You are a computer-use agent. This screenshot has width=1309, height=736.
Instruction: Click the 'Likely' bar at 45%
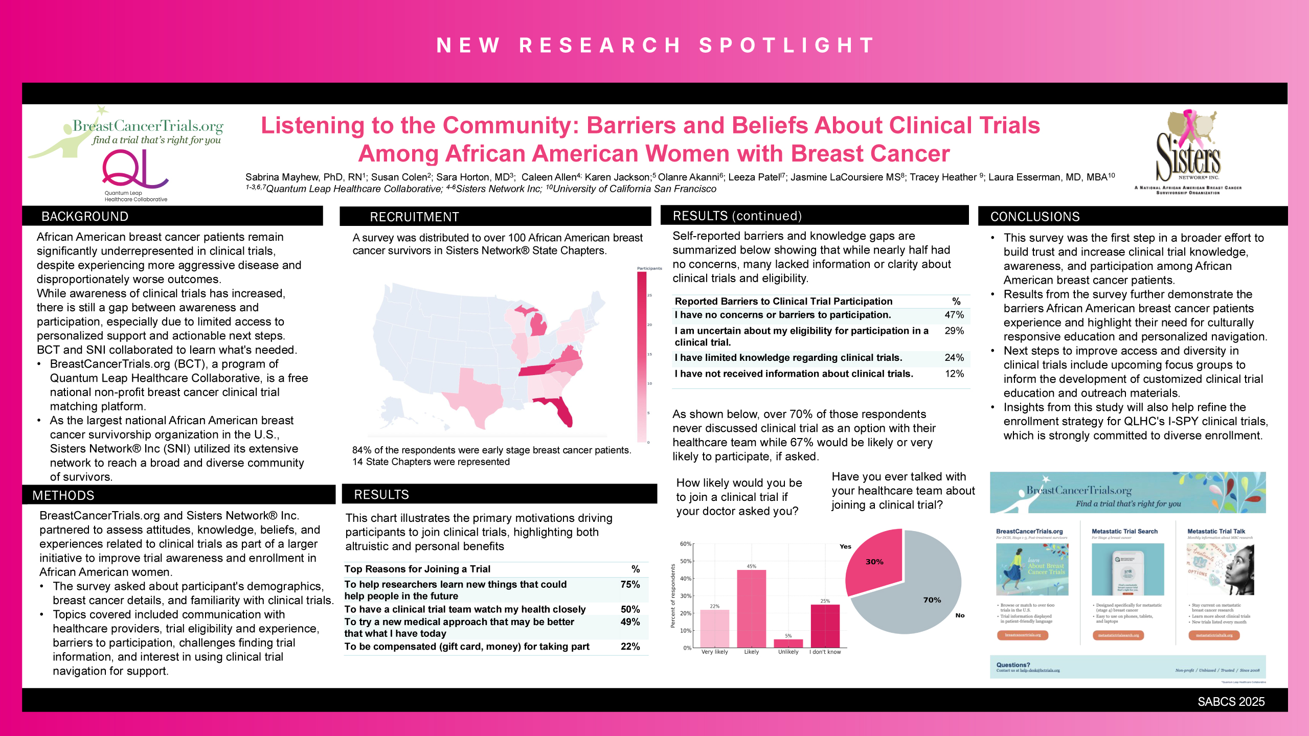pyautogui.click(x=751, y=608)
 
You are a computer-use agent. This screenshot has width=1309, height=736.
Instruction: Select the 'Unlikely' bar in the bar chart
pyautogui.click(x=788, y=643)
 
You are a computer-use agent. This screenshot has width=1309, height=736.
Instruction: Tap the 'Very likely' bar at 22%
pyautogui.click(x=714, y=628)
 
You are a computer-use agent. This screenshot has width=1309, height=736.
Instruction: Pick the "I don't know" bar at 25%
pyautogui.click(x=825, y=626)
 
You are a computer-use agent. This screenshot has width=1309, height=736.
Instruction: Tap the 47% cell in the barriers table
pyautogui.click(x=954, y=315)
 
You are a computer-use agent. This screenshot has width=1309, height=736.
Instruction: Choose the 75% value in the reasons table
pyautogui.click(x=630, y=584)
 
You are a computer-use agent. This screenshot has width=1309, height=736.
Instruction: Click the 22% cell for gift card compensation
pyautogui.click(x=630, y=647)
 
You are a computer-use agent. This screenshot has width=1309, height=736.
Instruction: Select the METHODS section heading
pyautogui.click(x=63, y=495)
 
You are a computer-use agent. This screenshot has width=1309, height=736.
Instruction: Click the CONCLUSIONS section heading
pyautogui.click(x=1035, y=217)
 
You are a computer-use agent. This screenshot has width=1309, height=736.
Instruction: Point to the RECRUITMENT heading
pyautogui.click(x=414, y=217)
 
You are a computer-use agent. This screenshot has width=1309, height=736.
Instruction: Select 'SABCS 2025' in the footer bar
pyautogui.click(x=1231, y=702)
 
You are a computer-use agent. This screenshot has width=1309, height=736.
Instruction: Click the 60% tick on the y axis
pyautogui.click(x=685, y=544)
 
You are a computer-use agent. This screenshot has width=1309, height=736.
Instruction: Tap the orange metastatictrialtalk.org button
pyautogui.click(x=1214, y=635)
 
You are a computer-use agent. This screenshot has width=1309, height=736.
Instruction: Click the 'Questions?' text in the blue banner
pyautogui.click(x=1013, y=665)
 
